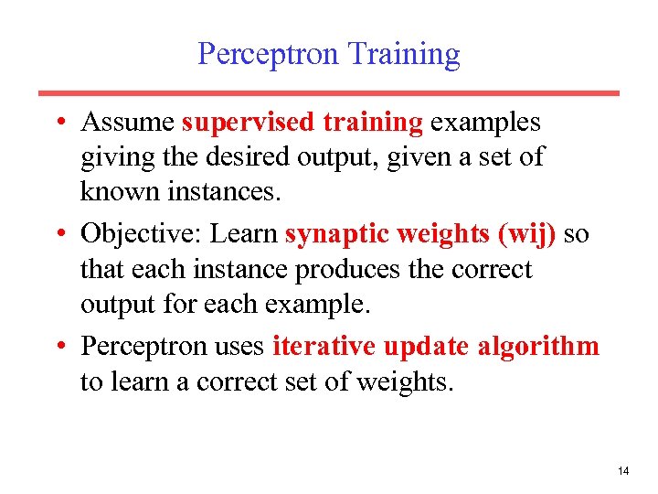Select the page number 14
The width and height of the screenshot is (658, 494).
point(623,471)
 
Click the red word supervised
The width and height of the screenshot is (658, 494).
point(239,123)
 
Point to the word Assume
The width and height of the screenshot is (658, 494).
point(128,123)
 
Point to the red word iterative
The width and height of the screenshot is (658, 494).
point(324,348)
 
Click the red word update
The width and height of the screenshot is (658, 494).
point(427,348)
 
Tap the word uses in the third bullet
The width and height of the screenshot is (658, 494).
point(241,348)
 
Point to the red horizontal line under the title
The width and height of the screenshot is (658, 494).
point(329,93)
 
